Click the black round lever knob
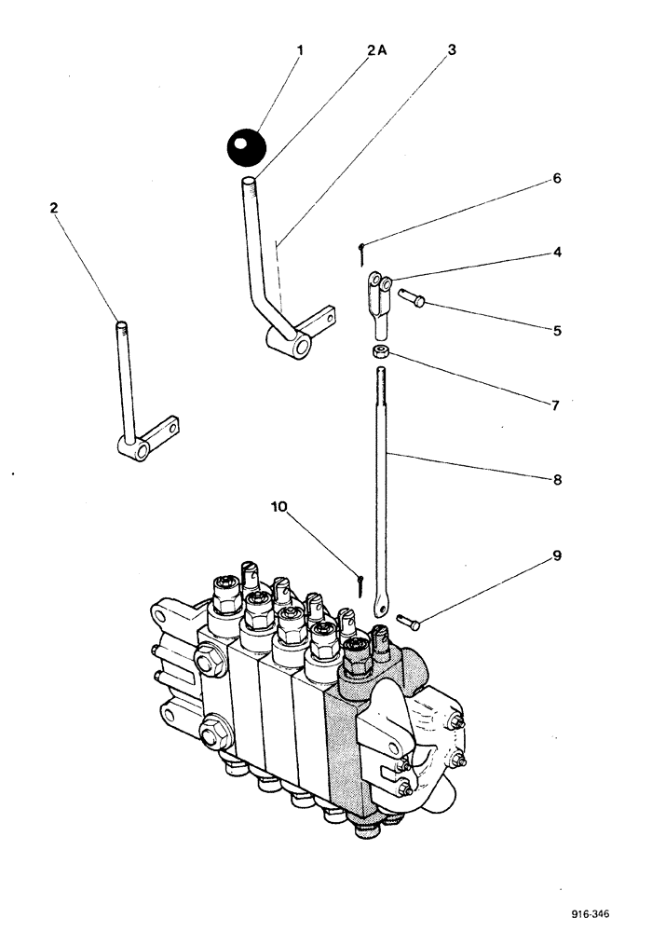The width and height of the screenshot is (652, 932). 246,145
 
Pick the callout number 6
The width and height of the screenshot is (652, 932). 556,177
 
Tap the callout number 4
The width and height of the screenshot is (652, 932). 556,252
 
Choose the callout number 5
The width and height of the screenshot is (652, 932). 556,330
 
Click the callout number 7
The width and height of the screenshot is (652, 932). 556,405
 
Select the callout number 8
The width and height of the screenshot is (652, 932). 556,480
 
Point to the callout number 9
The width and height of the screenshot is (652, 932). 556,556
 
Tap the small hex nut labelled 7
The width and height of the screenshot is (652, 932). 380,352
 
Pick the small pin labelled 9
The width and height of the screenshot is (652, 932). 409,619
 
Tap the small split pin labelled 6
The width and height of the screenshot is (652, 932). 360,248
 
